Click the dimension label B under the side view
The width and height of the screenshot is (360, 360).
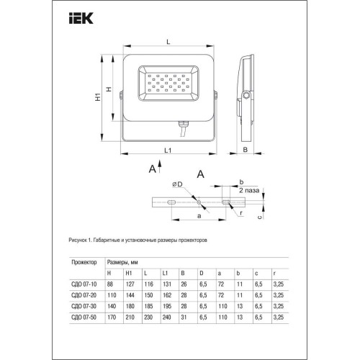pyautogui.click(x=246, y=150)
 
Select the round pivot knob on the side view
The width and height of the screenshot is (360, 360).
pyautogui.click(x=248, y=94)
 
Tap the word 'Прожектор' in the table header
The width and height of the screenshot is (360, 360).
pyautogui.click(x=83, y=264)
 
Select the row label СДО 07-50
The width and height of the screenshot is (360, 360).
pyautogui.click(x=83, y=315)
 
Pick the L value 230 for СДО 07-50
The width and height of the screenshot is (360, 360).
pyautogui.click(x=148, y=315)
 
